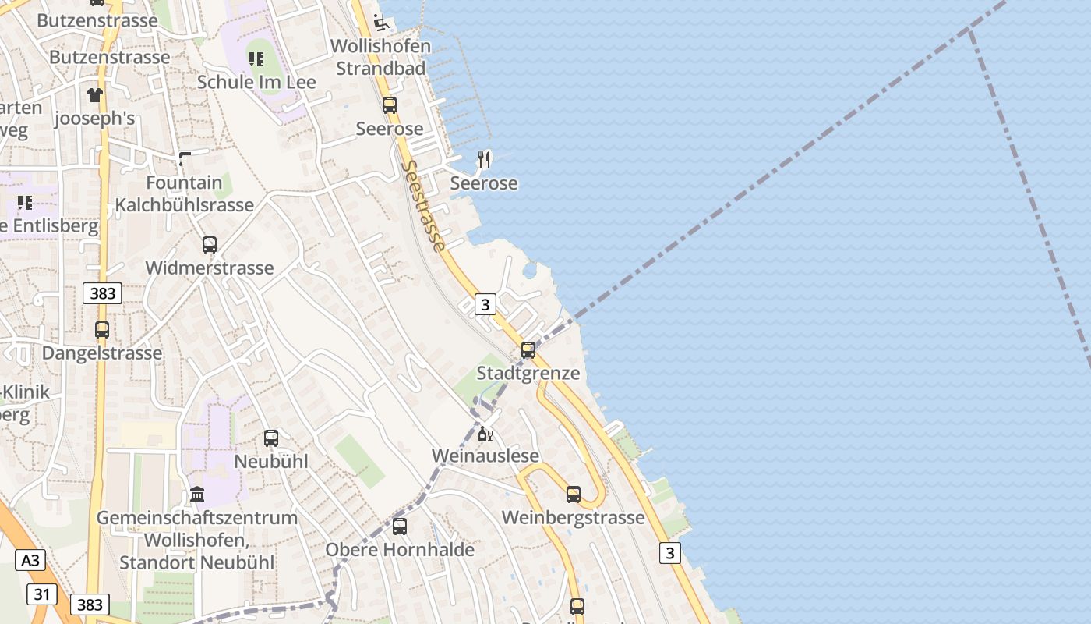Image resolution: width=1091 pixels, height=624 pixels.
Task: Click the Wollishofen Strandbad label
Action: click(380, 57)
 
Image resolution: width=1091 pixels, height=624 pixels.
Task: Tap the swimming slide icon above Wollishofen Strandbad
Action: click(381, 21)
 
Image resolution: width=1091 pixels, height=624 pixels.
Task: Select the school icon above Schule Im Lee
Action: click(256, 58)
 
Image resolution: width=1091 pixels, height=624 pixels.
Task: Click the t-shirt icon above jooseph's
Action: click(95, 95)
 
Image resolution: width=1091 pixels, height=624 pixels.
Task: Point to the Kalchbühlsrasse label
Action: click(185, 205)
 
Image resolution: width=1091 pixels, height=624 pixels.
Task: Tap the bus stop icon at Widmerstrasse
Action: click(210, 245)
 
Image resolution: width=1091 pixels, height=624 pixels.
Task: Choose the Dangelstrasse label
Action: click(102, 353)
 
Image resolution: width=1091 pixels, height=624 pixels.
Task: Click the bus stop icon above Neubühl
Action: click(271, 438)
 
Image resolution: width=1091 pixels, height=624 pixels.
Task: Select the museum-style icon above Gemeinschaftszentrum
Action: click(197, 495)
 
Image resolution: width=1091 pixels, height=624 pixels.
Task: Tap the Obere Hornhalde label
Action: click(400, 549)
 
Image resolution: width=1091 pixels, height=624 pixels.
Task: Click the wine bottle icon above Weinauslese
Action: click(485, 434)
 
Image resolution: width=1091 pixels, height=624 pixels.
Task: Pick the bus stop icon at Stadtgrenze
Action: click(528, 350)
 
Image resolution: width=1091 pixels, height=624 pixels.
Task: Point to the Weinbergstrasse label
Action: click(574, 517)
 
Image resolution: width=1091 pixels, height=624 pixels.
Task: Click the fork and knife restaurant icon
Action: click(485, 160)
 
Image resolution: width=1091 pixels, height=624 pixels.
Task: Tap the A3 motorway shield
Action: click(30, 560)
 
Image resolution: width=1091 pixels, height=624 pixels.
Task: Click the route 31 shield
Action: click(42, 594)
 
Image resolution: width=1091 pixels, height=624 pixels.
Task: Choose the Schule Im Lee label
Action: click(256, 82)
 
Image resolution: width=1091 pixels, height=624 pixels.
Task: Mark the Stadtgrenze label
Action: click(528, 373)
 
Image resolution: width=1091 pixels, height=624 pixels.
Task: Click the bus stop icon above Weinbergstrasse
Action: click(574, 495)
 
